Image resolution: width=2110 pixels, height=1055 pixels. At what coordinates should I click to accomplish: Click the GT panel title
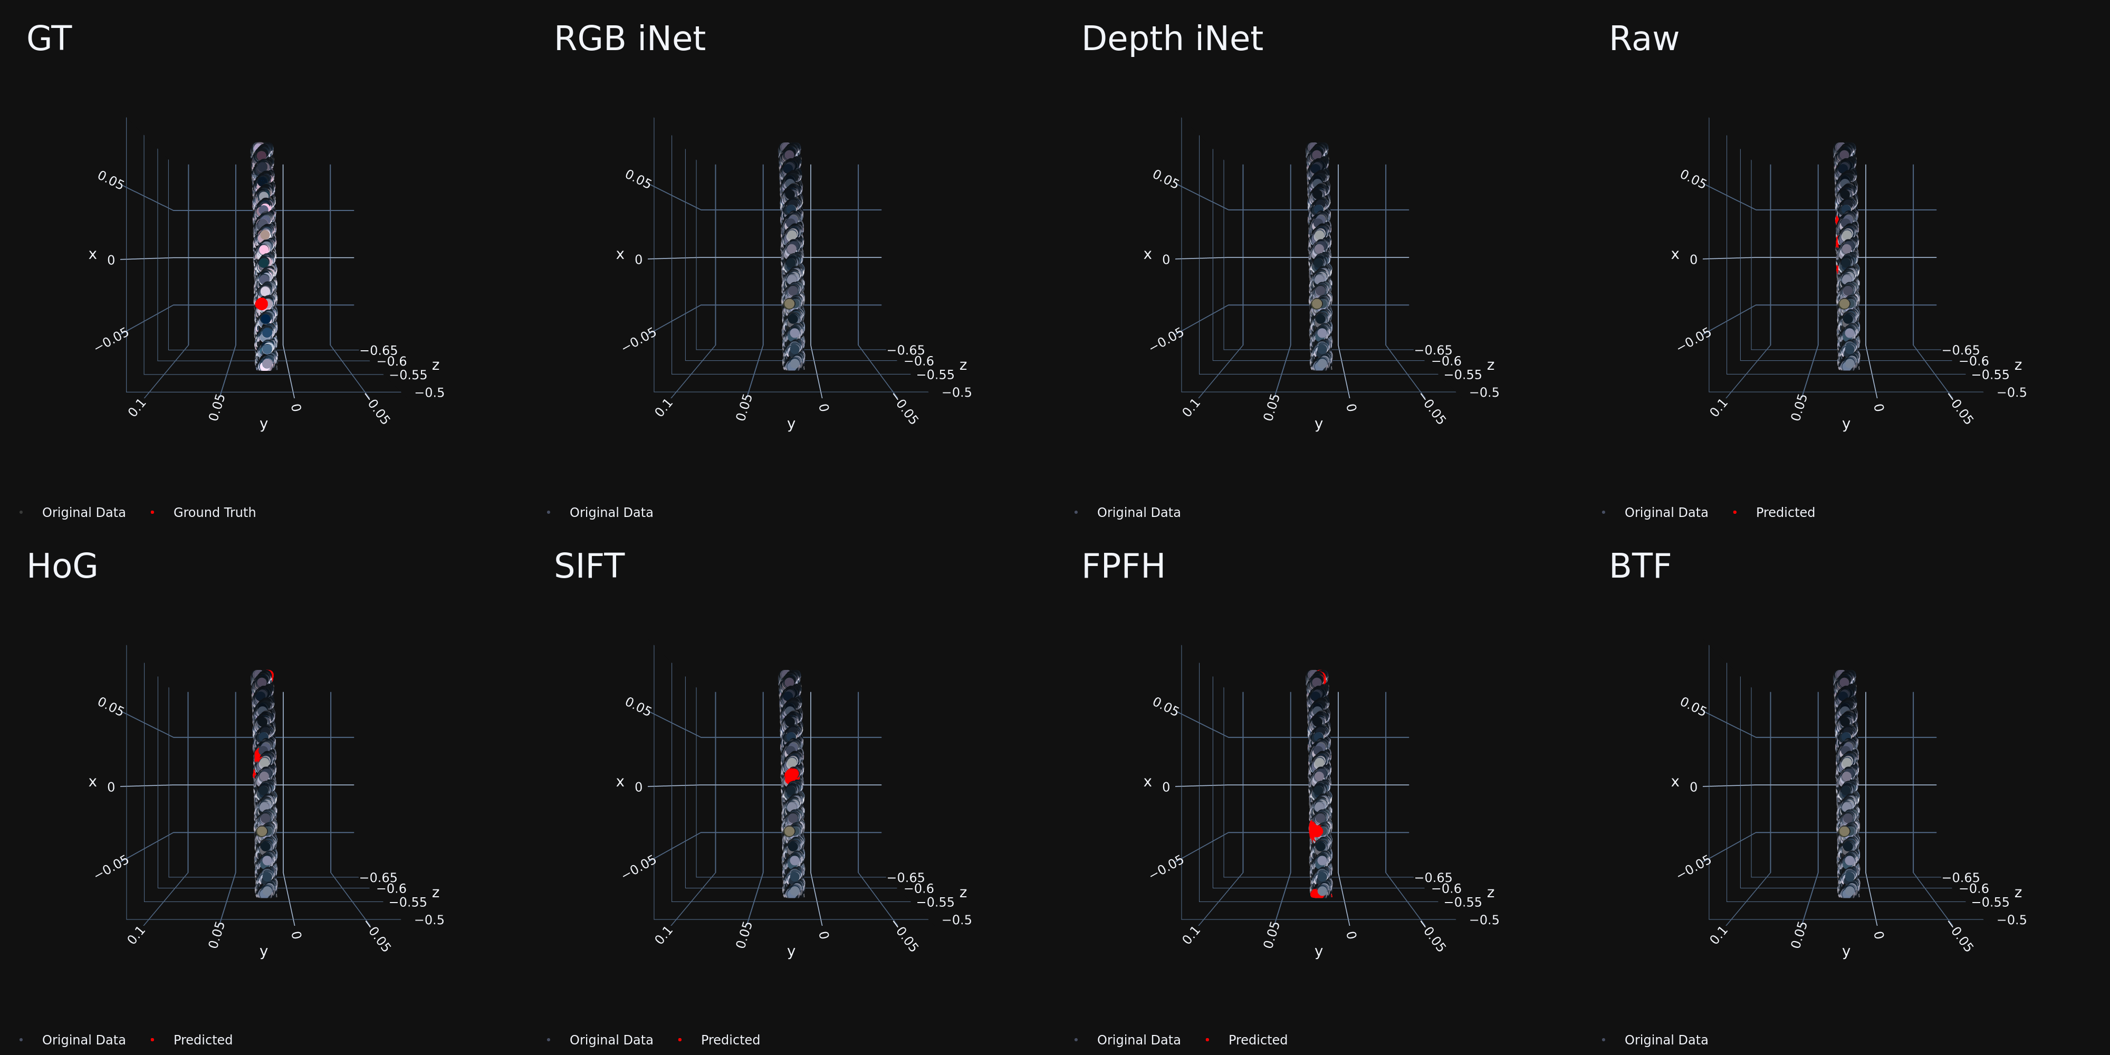(49, 39)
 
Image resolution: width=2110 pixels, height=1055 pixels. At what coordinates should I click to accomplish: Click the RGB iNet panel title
(629, 39)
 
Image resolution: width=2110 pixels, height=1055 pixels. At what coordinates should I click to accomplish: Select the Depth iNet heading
(1172, 39)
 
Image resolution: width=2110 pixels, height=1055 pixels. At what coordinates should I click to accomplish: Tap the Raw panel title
(1644, 39)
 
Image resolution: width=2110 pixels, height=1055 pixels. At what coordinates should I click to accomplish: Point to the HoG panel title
(62, 566)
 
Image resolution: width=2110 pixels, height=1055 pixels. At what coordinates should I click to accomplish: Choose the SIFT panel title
(589, 566)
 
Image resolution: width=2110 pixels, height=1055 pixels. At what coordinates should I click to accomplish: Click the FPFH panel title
(1123, 566)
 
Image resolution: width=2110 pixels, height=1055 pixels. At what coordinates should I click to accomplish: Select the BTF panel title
(1640, 566)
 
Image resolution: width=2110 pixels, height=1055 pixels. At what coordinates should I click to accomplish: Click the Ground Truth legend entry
(215, 512)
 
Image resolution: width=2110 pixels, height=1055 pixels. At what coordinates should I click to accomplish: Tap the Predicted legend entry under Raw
(1785, 512)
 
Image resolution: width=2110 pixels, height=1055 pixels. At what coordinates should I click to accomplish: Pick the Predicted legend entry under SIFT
(730, 1039)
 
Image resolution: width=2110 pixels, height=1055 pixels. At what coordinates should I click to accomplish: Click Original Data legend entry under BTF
(1666, 1039)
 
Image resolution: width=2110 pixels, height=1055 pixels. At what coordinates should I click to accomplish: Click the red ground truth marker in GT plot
(261, 304)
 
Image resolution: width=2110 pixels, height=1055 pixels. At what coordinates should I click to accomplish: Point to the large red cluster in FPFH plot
(1316, 831)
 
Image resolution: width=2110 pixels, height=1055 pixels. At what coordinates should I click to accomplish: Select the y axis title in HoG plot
(263, 951)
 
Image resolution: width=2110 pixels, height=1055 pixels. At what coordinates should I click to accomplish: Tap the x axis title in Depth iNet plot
(1147, 255)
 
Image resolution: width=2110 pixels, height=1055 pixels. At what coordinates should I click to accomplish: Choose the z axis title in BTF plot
(2018, 892)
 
